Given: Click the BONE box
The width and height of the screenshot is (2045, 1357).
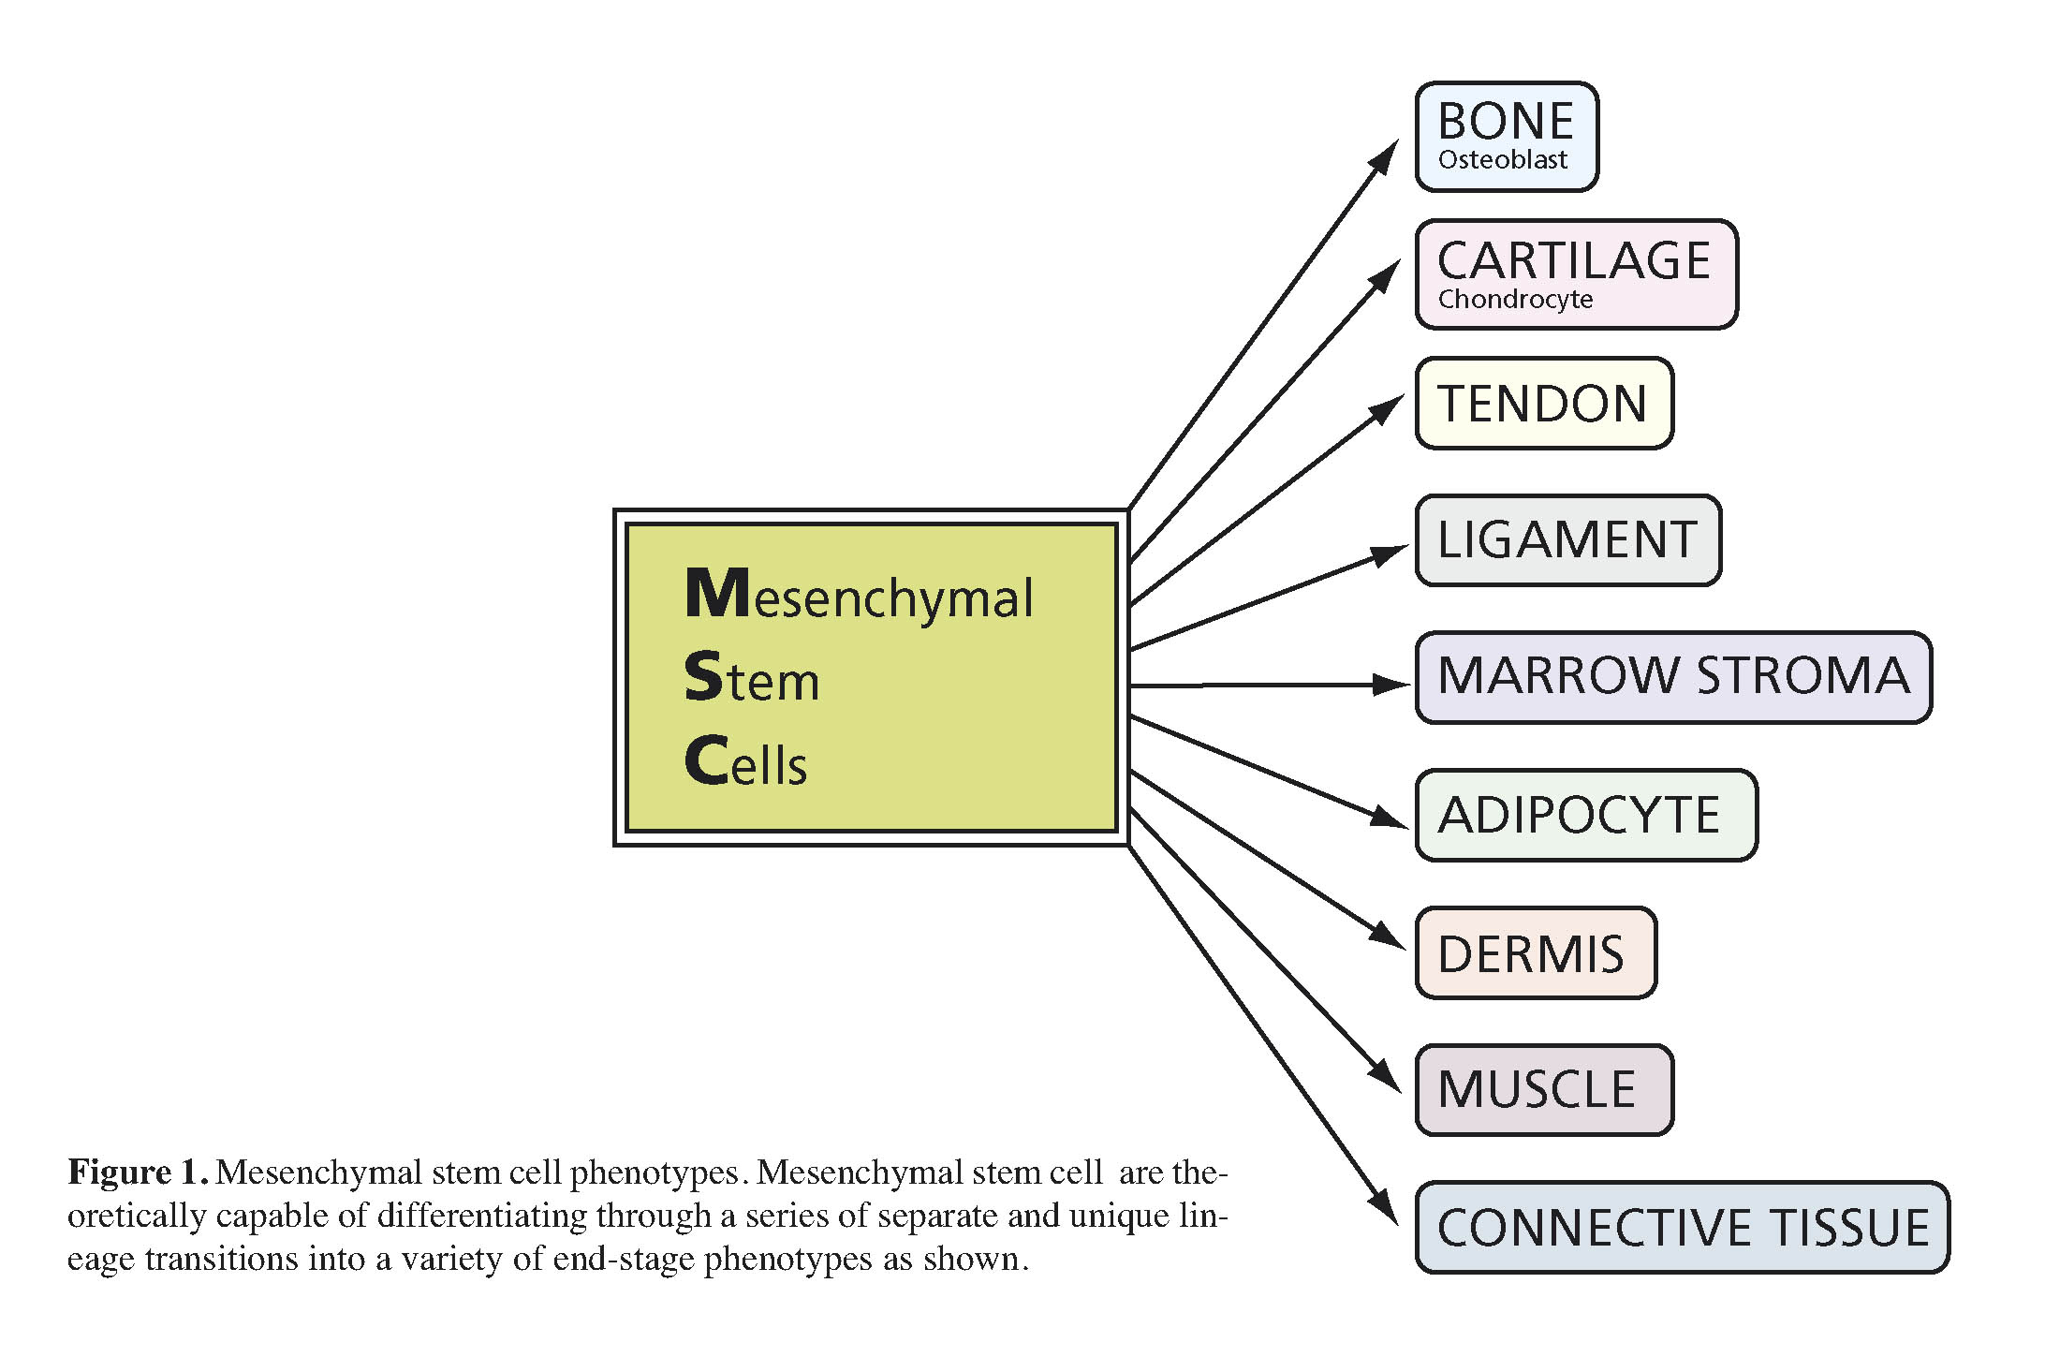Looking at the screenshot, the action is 1507,137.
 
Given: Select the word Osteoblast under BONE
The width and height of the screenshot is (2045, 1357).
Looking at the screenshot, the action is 1502,160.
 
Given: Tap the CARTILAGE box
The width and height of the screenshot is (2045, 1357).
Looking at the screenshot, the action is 1577,274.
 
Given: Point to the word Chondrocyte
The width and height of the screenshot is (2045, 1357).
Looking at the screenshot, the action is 1515,300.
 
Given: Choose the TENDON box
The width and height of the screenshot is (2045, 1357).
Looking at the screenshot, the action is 1544,403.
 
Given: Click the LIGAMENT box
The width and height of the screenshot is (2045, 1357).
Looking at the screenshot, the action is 1568,540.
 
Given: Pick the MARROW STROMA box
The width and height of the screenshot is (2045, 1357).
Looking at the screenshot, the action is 1673,677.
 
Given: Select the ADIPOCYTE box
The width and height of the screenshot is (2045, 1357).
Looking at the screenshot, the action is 1586,815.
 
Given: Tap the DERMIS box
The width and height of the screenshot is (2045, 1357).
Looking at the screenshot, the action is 1536,952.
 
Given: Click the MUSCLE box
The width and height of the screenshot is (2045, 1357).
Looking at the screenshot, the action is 1544,1090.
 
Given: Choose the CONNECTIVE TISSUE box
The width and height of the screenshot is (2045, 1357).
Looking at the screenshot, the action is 1682,1228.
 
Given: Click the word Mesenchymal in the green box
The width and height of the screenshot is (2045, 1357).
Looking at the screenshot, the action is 859,597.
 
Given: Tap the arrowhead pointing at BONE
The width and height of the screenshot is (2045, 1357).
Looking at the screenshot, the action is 1385,156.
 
